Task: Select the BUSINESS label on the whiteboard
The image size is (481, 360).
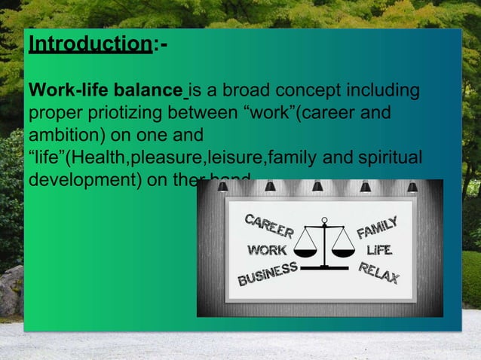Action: pyautogui.click(x=268, y=276)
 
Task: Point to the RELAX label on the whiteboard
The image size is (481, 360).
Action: pyautogui.click(x=378, y=273)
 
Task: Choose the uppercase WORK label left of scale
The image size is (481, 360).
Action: pyautogui.click(x=267, y=250)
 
